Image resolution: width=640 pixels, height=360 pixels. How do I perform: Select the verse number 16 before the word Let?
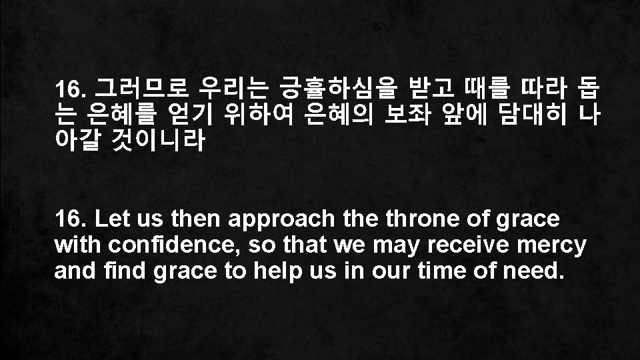click(69, 218)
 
